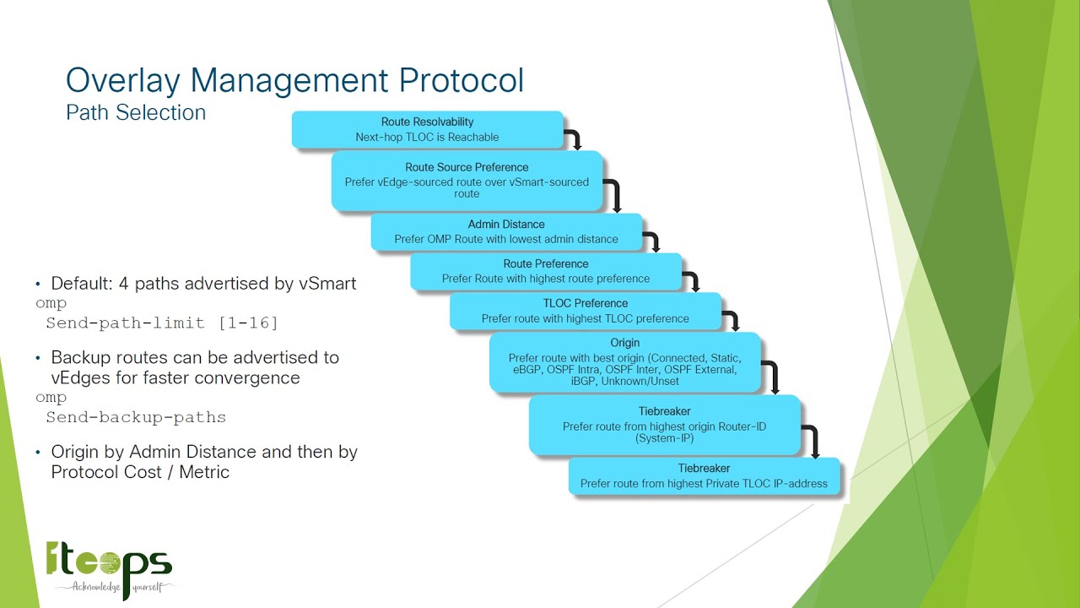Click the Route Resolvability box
coord(427,129)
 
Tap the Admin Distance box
coord(506,232)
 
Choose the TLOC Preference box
coord(585,311)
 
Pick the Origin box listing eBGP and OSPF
coord(624,362)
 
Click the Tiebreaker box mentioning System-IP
coord(664,426)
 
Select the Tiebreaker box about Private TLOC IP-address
coord(704,476)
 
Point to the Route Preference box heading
coord(545,263)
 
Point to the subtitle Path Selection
coord(136,112)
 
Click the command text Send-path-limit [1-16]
coord(161,323)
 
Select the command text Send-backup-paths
coord(136,417)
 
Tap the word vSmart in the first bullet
coord(327,284)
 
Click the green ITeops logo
coord(109,561)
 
